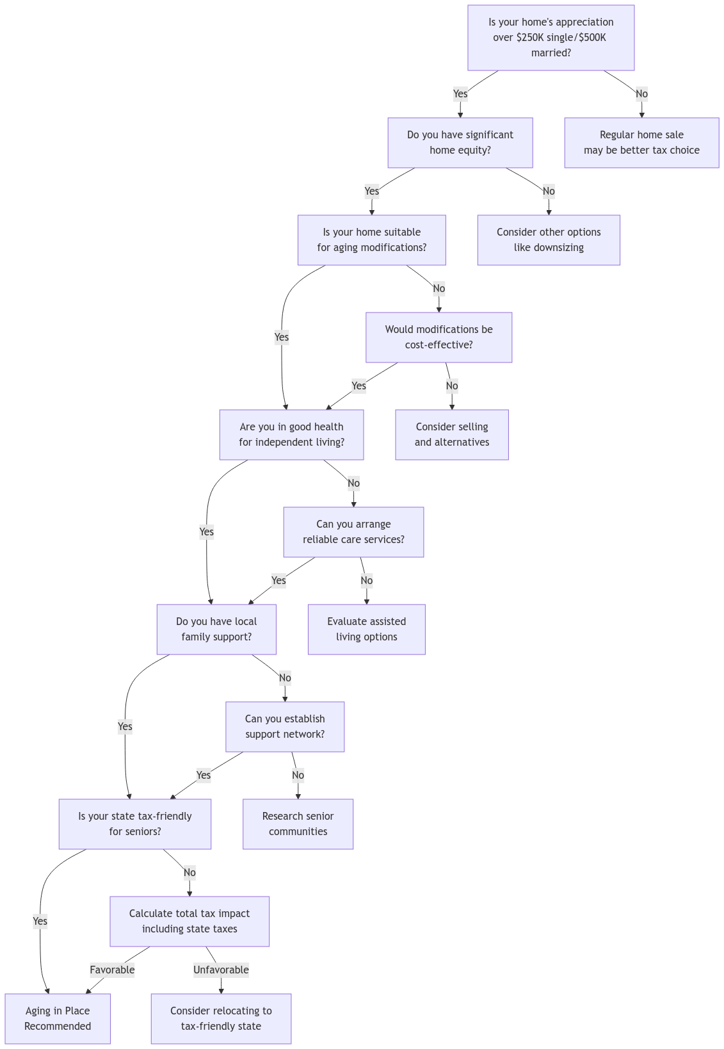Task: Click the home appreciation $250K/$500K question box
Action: point(551,37)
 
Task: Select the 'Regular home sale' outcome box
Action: point(641,142)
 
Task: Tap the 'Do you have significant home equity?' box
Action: point(460,142)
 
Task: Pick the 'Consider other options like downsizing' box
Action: point(549,240)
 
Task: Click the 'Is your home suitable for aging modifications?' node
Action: point(371,240)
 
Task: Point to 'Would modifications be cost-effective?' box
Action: point(438,337)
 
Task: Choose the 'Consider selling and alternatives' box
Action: point(451,434)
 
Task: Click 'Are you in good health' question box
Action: point(291,434)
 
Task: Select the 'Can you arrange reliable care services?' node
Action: point(353,532)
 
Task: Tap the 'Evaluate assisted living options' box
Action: point(366,629)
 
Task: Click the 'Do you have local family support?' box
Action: point(216,629)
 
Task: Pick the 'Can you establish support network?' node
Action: point(285,726)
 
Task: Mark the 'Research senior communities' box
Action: point(298,824)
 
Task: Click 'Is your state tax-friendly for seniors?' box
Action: point(134,824)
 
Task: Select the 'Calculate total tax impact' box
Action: point(189,921)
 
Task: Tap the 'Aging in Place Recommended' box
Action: point(58,1018)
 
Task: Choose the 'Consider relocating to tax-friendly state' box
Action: point(221,1018)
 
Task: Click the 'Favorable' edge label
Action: point(112,970)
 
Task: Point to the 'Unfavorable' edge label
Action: point(221,970)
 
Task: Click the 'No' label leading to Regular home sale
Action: point(641,94)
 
